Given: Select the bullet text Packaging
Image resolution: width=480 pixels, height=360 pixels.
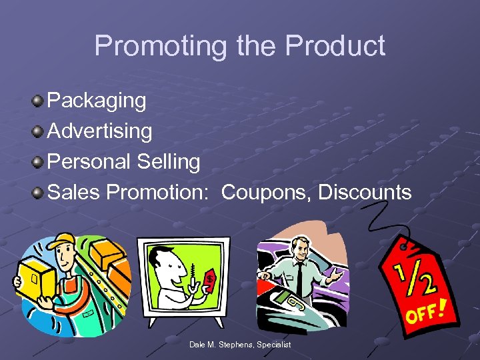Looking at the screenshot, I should coord(97,101).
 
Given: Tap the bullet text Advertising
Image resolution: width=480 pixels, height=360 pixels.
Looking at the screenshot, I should coord(100,131).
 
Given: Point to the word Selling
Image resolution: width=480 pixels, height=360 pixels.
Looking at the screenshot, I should coord(169,161).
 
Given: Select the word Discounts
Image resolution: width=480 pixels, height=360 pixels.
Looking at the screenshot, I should coord(365,192).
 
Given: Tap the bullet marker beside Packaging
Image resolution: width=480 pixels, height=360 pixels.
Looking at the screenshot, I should coord(38,101).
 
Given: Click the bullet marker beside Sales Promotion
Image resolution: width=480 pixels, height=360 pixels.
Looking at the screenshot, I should coord(38,193).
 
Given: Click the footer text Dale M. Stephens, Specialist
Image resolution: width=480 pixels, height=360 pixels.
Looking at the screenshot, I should coord(240,344).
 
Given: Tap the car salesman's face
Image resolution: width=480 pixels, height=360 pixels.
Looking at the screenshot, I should coord(302,250).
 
